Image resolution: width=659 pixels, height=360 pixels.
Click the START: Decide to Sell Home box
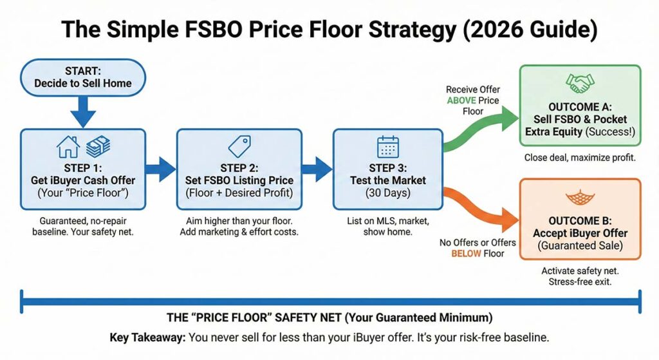pos(83,78)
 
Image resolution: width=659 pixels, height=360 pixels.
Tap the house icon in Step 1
pos(68,147)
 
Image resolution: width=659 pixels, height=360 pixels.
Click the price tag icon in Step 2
pos(239,147)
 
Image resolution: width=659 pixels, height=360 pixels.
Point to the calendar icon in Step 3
pos(388,147)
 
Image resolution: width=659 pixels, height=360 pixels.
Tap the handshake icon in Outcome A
pos(580,83)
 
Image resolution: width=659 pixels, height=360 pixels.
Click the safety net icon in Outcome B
pos(580,197)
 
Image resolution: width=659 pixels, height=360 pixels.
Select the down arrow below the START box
pos(83,111)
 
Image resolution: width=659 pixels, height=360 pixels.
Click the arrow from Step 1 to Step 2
pos(161,169)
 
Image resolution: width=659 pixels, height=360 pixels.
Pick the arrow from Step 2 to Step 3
pos(317,169)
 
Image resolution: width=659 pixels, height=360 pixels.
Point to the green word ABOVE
pos(461,100)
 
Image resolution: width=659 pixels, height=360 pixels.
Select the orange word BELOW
pos(466,254)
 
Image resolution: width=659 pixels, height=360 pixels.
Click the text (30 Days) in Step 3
pos(387,193)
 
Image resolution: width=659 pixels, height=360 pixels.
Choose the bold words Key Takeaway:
pos(147,337)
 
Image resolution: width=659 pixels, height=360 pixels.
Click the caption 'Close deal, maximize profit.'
pos(580,158)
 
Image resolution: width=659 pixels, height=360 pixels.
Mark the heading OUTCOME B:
pos(580,221)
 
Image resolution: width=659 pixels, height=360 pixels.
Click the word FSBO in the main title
pos(212,30)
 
